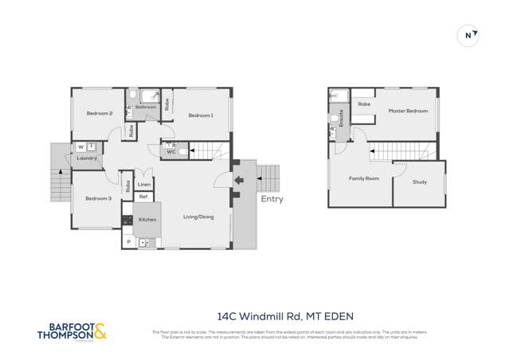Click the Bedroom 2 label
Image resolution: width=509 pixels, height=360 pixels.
coord(100,114)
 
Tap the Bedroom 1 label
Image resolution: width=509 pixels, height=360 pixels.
coord(201,115)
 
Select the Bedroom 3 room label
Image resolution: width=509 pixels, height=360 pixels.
coord(99,198)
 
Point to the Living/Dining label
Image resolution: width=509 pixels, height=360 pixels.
coord(198,217)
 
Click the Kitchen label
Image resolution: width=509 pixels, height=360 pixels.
coord(147,219)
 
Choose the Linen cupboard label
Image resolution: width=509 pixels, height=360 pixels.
coord(144,184)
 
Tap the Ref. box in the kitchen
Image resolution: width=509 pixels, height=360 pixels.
coord(143,197)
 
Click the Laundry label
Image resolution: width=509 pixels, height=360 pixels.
coord(87,158)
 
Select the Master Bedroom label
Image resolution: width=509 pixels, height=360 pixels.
coord(408,111)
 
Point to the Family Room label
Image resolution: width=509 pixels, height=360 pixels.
coord(363,178)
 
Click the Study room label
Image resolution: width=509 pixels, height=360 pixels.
coord(419,182)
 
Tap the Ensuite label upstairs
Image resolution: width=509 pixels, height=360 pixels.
coord(341,119)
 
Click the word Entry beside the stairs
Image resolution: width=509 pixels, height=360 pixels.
coord(272,199)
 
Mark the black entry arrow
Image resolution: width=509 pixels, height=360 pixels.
coord(238,181)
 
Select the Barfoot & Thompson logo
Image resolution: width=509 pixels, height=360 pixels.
coord(71,331)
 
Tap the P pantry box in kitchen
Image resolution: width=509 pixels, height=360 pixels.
coord(127,241)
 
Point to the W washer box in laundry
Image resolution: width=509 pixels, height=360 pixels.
coord(80,147)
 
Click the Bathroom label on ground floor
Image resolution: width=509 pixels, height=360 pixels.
coord(146,107)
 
